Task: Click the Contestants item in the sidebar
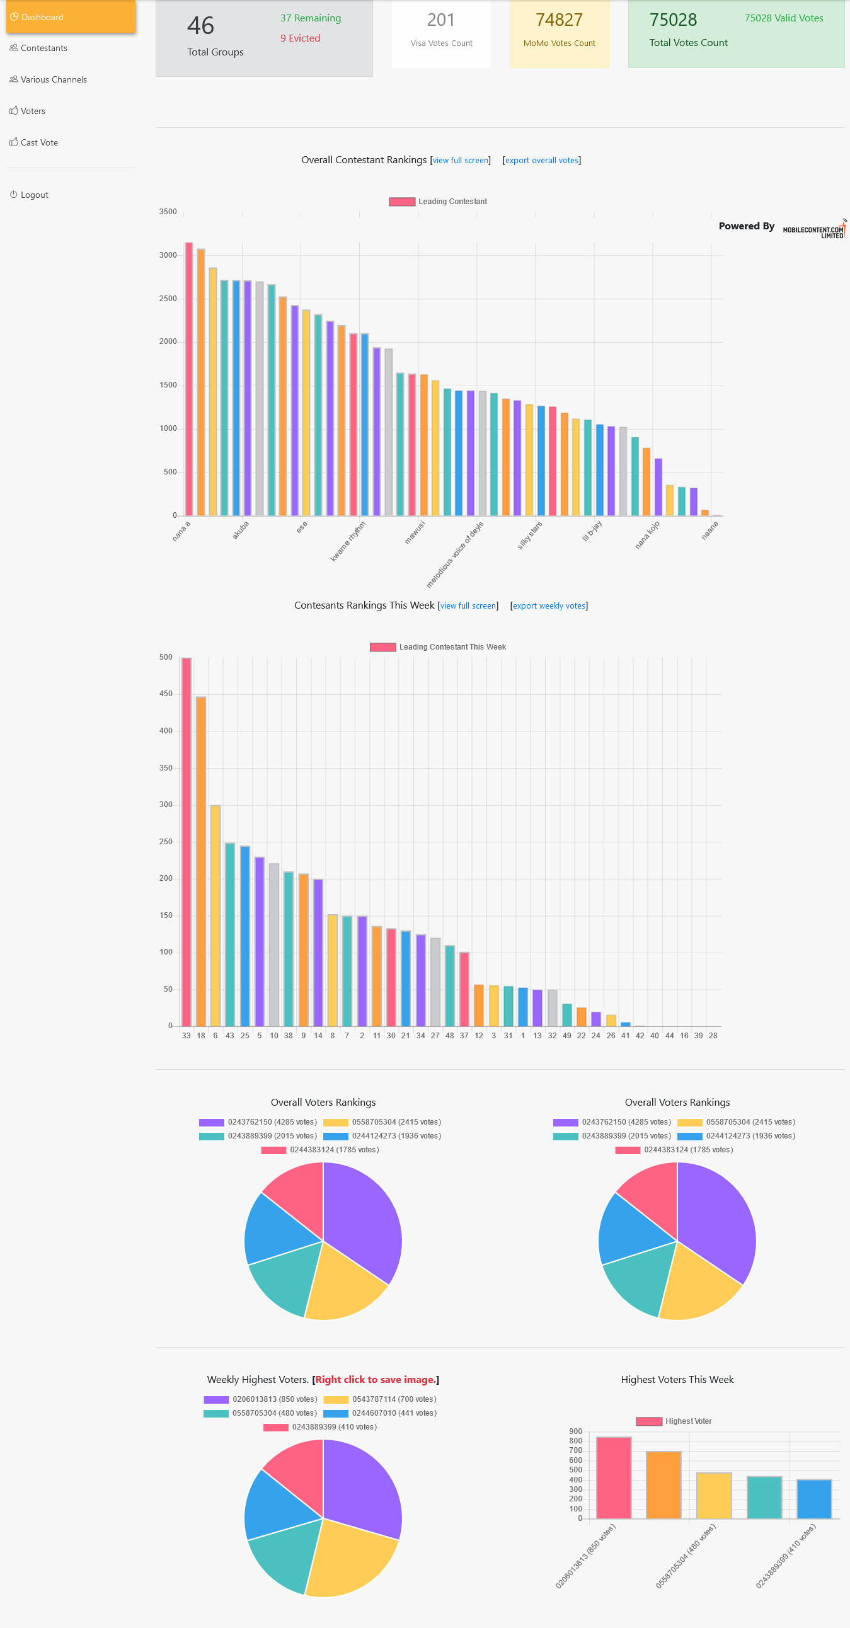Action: (x=43, y=48)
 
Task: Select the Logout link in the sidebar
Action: (x=34, y=195)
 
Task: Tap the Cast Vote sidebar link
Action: (x=38, y=143)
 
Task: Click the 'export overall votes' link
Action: (x=542, y=161)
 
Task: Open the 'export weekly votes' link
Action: (x=549, y=605)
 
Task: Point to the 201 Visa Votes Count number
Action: (x=440, y=20)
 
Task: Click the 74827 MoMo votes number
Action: (x=559, y=20)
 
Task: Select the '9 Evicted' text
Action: (x=300, y=38)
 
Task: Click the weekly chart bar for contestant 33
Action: (x=187, y=840)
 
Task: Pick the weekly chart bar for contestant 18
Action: (x=201, y=859)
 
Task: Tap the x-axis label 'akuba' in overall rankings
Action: (x=240, y=530)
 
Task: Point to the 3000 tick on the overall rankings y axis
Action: (x=168, y=255)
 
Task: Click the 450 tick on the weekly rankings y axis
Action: (x=166, y=694)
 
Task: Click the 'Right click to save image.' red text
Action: (x=376, y=1380)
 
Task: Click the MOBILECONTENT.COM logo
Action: (x=813, y=231)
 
